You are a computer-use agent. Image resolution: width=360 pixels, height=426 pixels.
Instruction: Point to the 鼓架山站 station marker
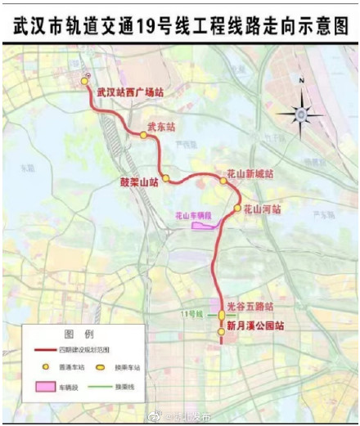165,177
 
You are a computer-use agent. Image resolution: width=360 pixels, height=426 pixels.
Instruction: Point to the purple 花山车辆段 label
193,216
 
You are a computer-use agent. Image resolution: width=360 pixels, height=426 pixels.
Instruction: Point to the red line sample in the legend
43,350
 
